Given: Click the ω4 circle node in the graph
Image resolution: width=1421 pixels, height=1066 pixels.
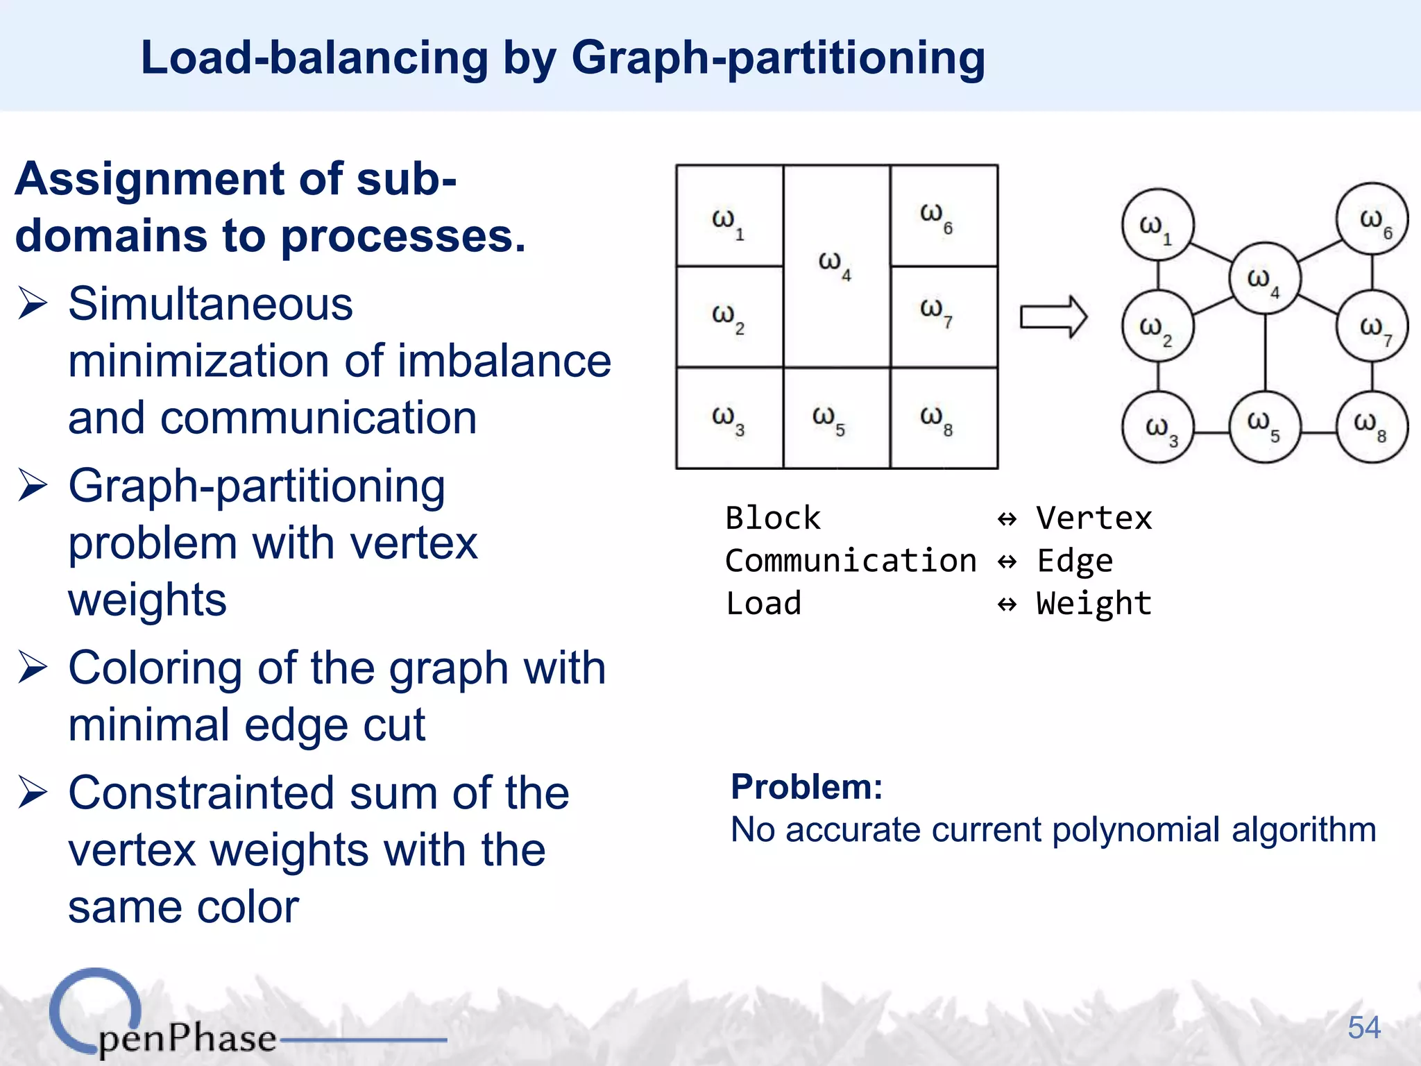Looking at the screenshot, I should pyautogui.click(x=1265, y=278).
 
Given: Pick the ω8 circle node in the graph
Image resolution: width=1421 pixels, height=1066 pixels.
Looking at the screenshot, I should pyautogui.click(x=1372, y=426).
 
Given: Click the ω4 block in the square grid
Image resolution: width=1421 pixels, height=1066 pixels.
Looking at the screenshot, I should pyautogui.click(x=837, y=266).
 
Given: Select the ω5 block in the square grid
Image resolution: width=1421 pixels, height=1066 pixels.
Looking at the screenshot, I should pyautogui.click(x=837, y=418).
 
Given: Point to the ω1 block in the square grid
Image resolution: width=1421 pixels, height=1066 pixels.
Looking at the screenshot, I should pyautogui.click(x=729, y=216).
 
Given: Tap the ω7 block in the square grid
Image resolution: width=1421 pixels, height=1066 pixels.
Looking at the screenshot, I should pyautogui.click(x=944, y=316).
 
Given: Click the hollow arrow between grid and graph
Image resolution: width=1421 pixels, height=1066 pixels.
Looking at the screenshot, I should pyautogui.click(x=1053, y=317).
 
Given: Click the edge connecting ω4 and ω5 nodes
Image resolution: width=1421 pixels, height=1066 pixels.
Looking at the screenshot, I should pyautogui.click(x=1265, y=353).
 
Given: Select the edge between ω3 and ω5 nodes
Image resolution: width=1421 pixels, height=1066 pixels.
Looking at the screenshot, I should pyautogui.click(x=1211, y=433).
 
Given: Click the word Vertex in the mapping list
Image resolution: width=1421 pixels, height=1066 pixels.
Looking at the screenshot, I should pyautogui.click(x=1094, y=518).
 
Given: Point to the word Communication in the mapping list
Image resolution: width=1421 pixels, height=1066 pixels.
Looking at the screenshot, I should pyautogui.click(x=851, y=561).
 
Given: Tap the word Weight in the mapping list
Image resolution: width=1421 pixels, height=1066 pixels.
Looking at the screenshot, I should pyautogui.click(x=1094, y=603).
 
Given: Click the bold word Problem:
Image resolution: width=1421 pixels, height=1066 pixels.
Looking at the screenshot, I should pyautogui.click(x=807, y=787).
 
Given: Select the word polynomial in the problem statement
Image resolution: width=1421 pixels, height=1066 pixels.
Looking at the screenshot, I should pyautogui.click(x=1136, y=830).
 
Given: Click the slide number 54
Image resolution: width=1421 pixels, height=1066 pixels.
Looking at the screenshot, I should pyautogui.click(x=1363, y=1027).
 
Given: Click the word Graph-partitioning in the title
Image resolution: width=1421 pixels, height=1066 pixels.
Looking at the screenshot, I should pyautogui.click(x=778, y=58).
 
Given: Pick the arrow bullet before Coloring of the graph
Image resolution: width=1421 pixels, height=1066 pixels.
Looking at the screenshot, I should pyautogui.click(x=33, y=667).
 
